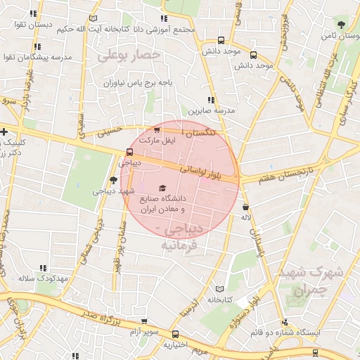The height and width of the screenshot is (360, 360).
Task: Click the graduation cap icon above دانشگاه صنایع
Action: [163, 188]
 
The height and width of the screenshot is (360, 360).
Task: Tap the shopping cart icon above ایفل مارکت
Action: [157, 130]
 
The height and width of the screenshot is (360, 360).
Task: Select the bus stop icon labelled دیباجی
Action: [129, 152]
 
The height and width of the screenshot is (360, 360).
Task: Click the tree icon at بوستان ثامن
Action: [341, 25]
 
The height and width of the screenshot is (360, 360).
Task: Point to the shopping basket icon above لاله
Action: [245, 207]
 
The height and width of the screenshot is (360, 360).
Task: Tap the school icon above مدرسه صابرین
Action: [210, 101]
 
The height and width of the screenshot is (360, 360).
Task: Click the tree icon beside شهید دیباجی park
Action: [114, 181]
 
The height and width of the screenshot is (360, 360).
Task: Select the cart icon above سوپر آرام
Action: [174, 334]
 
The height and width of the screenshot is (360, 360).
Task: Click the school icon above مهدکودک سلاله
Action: [42, 268]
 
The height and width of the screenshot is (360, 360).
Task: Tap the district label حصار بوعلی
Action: [129, 54]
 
